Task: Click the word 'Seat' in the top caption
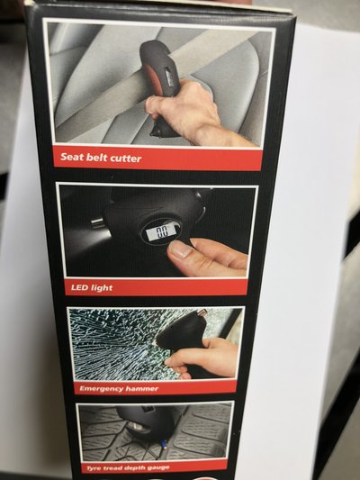(71, 157)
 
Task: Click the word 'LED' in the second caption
(77, 287)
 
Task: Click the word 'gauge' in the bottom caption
(158, 467)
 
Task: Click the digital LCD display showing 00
(161, 232)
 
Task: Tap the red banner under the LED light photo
(156, 287)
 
